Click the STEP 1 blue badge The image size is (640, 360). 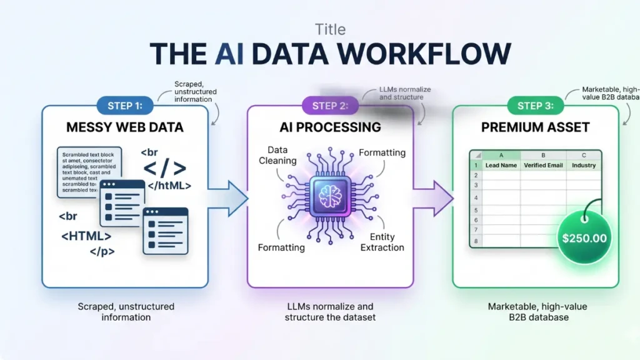click(125, 106)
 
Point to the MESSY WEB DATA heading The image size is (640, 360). click(125, 127)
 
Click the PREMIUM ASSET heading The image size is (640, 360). click(536, 127)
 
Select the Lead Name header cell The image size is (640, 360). click(501, 166)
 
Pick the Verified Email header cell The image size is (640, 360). click(542, 166)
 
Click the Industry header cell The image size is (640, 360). click(583, 166)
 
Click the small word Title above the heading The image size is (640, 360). click(330, 29)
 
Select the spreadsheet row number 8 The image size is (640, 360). click(476, 241)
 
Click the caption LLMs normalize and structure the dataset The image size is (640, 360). click(329, 311)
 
